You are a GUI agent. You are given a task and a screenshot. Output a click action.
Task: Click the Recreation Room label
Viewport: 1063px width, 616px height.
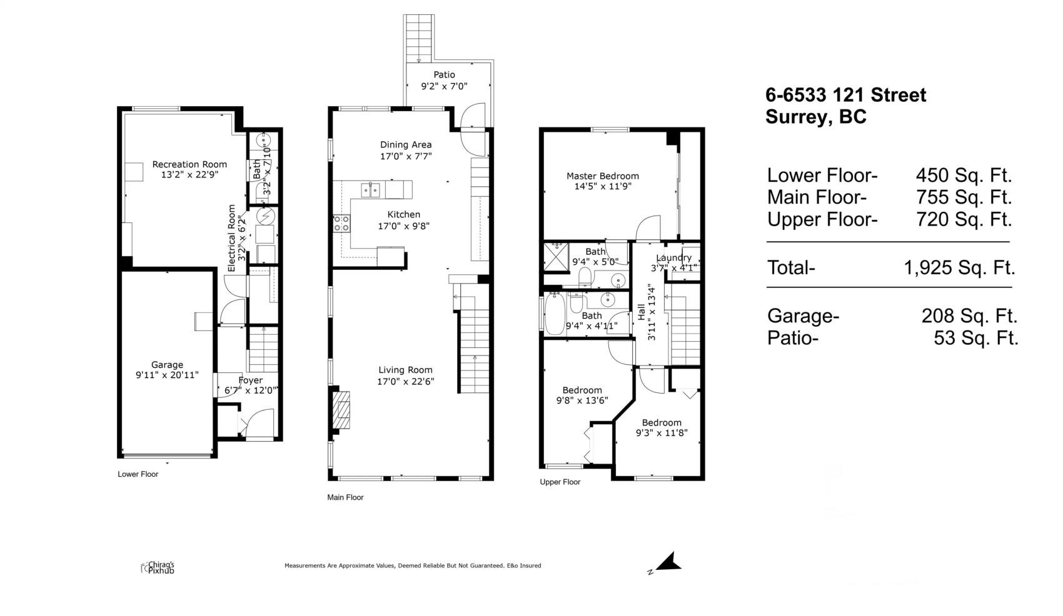pyautogui.click(x=189, y=164)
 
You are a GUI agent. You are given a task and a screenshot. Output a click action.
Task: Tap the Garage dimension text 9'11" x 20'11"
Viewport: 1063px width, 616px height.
pyautogui.click(x=167, y=375)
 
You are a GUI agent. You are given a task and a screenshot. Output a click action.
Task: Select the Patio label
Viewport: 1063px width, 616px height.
pyautogui.click(x=444, y=74)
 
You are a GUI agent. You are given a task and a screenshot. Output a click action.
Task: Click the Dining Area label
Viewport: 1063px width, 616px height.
pyautogui.click(x=406, y=145)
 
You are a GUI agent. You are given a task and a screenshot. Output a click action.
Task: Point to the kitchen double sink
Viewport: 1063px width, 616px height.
pyautogui.click(x=370, y=190)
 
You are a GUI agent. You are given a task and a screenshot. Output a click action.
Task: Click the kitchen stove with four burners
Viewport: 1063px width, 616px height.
pyautogui.click(x=341, y=224)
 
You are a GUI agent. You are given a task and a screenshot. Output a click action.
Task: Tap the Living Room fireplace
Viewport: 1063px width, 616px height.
pyautogui.click(x=341, y=410)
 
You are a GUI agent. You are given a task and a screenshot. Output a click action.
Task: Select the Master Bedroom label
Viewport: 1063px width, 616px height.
pyautogui.click(x=603, y=176)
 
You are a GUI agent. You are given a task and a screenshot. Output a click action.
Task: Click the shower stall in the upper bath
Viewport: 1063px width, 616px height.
pyautogui.click(x=556, y=257)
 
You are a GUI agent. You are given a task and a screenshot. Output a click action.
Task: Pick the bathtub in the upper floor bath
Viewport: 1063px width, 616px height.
pyautogui.click(x=554, y=314)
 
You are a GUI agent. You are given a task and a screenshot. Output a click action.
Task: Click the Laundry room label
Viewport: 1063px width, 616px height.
pyautogui.click(x=674, y=258)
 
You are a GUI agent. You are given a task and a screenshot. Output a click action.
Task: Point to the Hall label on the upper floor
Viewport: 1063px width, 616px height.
pyautogui.click(x=642, y=312)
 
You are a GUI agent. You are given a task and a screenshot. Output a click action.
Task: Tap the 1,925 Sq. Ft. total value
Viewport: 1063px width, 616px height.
pyautogui.click(x=959, y=268)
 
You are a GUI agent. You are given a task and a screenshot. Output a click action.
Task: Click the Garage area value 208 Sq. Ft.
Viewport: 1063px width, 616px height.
pyautogui.click(x=969, y=316)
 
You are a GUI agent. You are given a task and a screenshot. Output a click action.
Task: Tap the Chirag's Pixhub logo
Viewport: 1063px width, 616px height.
pyautogui.click(x=158, y=568)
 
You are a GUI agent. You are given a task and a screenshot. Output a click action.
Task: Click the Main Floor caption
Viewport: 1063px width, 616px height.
pyautogui.click(x=345, y=497)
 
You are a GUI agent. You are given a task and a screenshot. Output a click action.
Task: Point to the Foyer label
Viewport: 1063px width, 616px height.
pyautogui.click(x=251, y=380)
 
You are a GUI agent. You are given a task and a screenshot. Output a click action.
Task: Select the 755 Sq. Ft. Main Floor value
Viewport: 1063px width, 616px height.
pyautogui.click(x=964, y=197)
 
